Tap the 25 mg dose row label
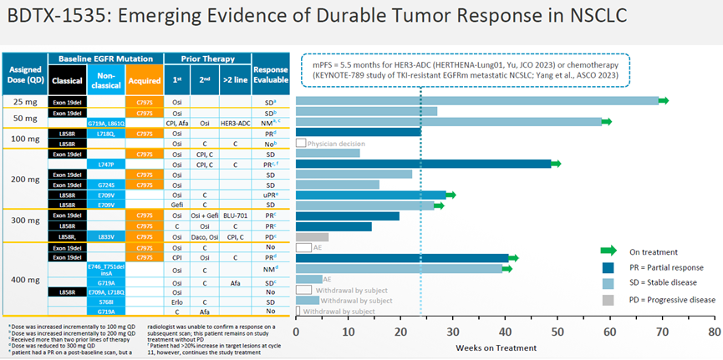click(x=26, y=101)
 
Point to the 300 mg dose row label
click(x=26, y=226)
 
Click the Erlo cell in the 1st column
click(x=178, y=301)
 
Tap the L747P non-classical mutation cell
click(x=105, y=165)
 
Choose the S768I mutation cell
click(x=105, y=301)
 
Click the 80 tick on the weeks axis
click(x=713, y=330)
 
